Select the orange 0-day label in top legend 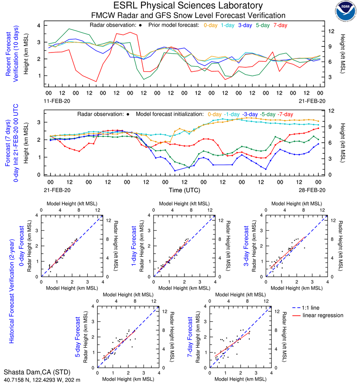[x=211, y=25]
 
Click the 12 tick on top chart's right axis [x=331, y=31]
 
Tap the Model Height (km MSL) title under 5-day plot [x=128, y=378]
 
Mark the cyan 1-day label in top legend [x=229, y=25]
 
